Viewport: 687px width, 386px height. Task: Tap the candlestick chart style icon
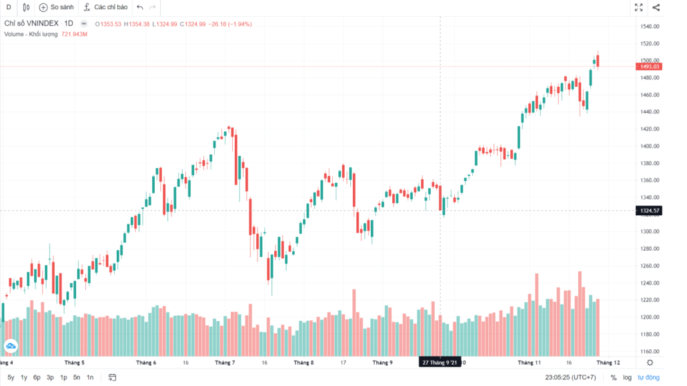pos(26,7)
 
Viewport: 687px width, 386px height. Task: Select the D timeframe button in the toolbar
pos(9,7)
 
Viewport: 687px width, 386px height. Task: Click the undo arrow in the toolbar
pos(139,7)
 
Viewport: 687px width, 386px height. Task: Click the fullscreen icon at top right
pos(638,7)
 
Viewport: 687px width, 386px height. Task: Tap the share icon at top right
pos(656,7)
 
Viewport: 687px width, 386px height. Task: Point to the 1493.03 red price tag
pos(650,67)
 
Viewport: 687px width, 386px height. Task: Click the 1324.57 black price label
pos(650,211)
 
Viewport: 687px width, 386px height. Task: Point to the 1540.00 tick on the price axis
pos(650,27)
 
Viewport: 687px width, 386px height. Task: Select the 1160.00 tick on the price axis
pos(650,351)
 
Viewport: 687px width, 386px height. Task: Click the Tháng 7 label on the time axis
pos(225,363)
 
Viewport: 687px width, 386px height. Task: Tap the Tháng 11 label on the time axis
pos(530,363)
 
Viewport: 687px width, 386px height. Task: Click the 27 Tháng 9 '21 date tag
pos(440,363)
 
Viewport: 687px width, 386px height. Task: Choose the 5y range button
pos(11,377)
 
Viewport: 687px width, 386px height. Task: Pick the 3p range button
pos(50,377)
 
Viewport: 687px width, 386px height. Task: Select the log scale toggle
pos(627,377)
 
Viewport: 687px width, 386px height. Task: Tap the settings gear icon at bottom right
pos(650,363)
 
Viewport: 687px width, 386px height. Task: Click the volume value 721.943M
pos(75,34)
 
